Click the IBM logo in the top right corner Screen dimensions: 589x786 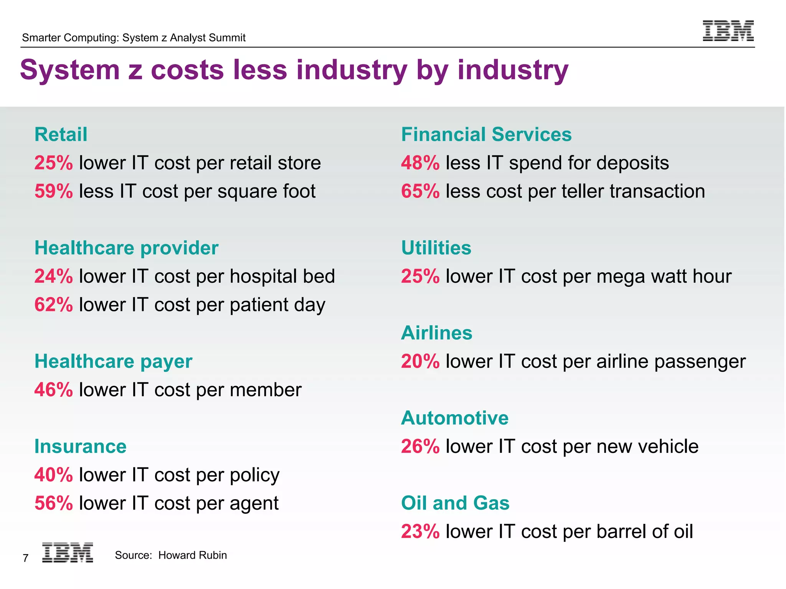[x=728, y=31]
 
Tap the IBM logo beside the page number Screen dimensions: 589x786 [x=68, y=553]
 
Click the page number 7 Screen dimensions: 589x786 [x=25, y=558]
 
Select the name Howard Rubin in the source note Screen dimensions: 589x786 [x=192, y=555]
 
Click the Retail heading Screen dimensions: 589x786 [x=61, y=135]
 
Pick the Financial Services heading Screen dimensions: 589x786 [x=486, y=135]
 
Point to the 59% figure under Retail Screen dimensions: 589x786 [x=53, y=191]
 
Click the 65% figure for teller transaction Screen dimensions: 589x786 [x=420, y=191]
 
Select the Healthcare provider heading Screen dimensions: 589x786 [x=126, y=248]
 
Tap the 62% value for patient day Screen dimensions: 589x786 [x=53, y=305]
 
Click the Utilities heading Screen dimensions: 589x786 [x=436, y=248]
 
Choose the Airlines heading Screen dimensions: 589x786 [x=436, y=333]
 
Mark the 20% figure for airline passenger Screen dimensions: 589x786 [x=420, y=361]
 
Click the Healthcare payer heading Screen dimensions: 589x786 [x=113, y=361]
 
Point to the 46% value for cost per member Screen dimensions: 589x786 [x=53, y=390]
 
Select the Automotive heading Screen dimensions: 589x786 [x=454, y=418]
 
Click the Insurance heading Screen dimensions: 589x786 [x=80, y=446]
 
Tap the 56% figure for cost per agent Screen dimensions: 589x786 [x=53, y=503]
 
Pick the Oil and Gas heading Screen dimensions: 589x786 [x=455, y=503]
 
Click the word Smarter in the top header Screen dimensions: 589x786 [x=41, y=38]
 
